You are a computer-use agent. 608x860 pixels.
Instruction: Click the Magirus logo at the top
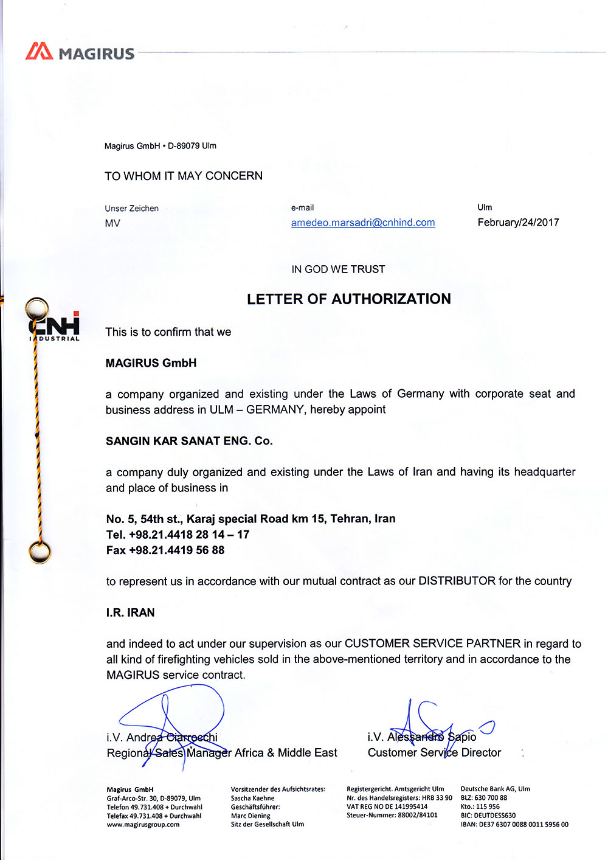[x=80, y=52]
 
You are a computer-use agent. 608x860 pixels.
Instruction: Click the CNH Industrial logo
[x=55, y=326]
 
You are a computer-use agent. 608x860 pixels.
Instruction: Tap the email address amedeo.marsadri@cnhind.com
[x=363, y=223]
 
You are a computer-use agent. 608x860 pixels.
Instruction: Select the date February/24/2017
[x=518, y=223]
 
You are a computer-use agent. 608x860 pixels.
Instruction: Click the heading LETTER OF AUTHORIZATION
[x=349, y=299]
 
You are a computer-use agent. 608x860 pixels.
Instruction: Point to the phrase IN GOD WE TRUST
[x=338, y=269]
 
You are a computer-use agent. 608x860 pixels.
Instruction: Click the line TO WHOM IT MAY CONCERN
[x=184, y=176]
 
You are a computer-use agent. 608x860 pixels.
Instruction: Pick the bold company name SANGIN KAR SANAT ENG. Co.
[x=189, y=441]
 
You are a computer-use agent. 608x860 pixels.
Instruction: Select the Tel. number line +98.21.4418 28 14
[x=178, y=535]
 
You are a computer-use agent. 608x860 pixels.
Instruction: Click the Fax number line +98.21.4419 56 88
[x=165, y=550]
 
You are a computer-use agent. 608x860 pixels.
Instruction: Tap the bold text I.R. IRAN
[x=130, y=612]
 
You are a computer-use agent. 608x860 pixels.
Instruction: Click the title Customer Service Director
[x=434, y=753]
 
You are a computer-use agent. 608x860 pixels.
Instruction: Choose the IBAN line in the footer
[x=514, y=825]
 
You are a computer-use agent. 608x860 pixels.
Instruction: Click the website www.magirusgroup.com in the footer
[x=143, y=825]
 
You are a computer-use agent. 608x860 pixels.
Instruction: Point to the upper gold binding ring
[x=37, y=308]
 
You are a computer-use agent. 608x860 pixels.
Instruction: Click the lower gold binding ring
[x=39, y=553]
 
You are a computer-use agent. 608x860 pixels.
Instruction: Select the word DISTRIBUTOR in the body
[x=457, y=581]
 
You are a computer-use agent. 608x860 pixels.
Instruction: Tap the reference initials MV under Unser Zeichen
[x=112, y=223]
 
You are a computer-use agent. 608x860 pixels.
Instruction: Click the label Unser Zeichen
[x=131, y=208]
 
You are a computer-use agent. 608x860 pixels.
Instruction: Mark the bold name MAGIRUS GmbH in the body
[x=151, y=363]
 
